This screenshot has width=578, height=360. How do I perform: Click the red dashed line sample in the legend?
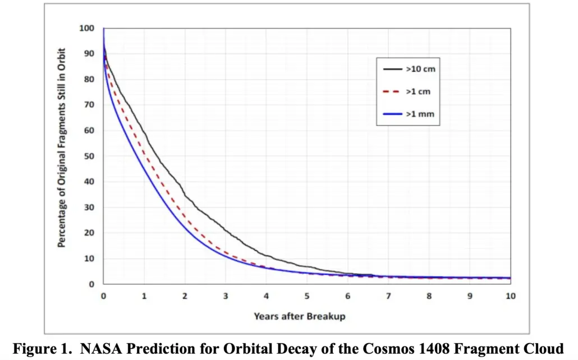pos(392,91)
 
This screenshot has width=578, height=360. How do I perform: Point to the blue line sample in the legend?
pos(392,114)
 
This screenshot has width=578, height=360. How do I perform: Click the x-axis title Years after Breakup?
pos(299,316)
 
